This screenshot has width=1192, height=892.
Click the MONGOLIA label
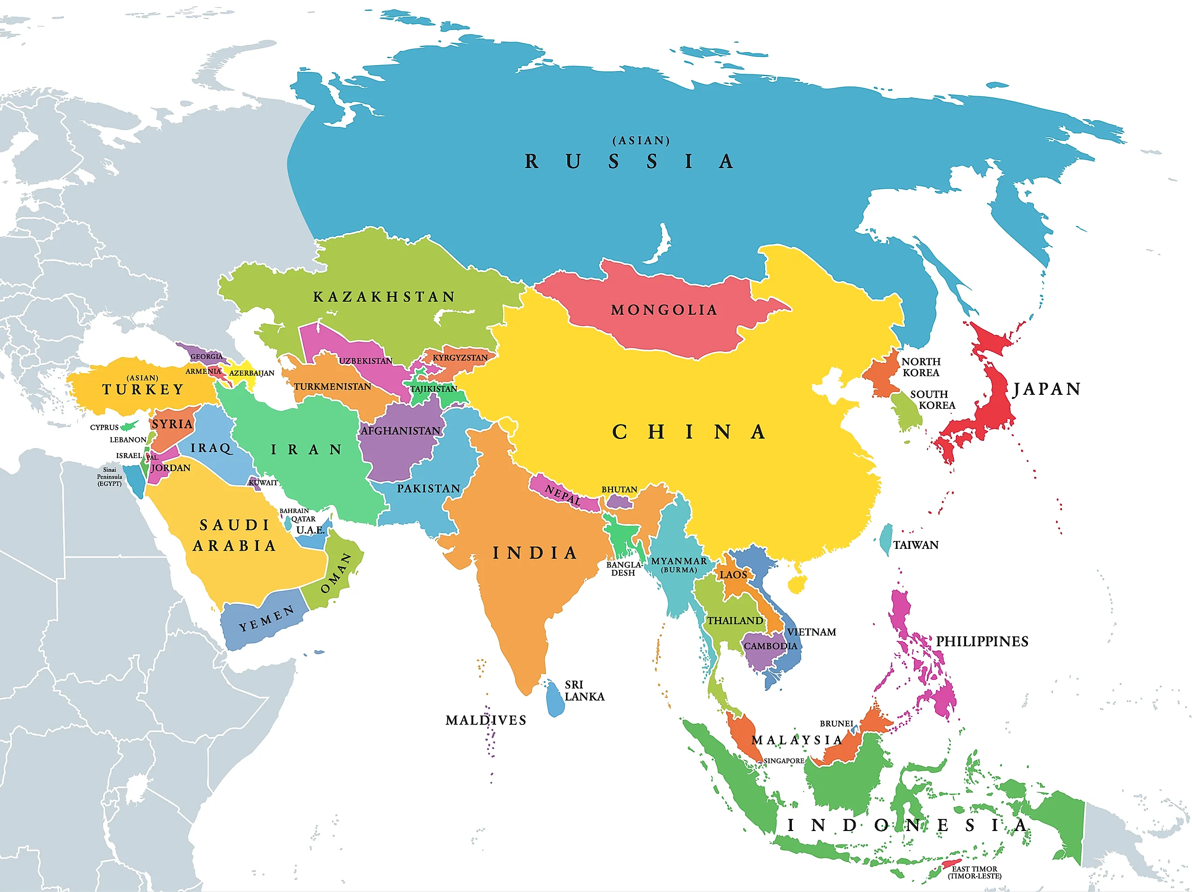click(x=663, y=310)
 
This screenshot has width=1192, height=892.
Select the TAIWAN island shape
click(x=885, y=539)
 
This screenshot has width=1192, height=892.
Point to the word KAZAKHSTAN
click(x=384, y=297)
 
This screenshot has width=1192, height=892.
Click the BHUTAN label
click(x=619, y=489)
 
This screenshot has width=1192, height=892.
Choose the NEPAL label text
click(x=563, y=494)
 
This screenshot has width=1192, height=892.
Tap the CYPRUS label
click(x=104, y=427)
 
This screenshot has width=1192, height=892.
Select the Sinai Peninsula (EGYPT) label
click(x=109, y=477)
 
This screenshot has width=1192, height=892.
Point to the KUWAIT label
click(x=264, y=483)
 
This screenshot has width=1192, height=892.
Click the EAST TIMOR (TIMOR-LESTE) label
click(x=974, y=872)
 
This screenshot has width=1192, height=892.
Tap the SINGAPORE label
click(x=783, y=761)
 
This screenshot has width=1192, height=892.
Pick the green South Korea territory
click(x=906, y=412)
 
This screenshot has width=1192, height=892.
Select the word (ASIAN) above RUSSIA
click(x=641, y=141)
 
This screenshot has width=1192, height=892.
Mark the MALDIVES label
click(x=485, y=720)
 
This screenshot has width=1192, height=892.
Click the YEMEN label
click(x=267, y=618)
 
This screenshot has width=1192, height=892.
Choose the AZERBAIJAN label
click(x=252, y=373)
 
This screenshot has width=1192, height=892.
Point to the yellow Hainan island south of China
click(x=796, y=584)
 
